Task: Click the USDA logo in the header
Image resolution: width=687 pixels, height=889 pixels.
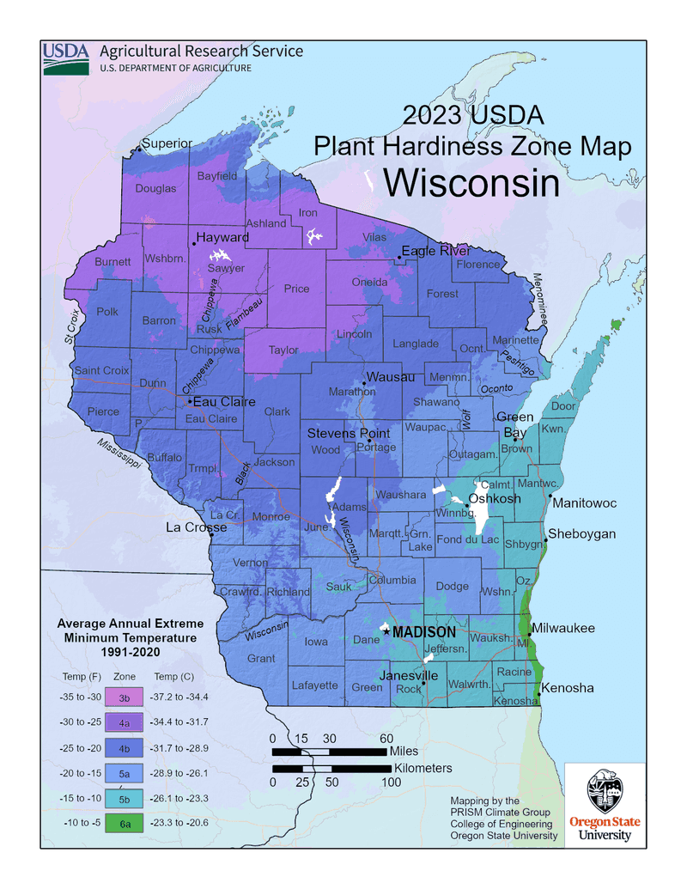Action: pos(66,58)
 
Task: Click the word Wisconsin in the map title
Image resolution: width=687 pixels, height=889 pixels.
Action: pos(470,182)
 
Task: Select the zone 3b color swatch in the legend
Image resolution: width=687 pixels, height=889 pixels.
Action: pos(125,696)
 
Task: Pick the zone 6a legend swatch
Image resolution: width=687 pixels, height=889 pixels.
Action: pos(125,822)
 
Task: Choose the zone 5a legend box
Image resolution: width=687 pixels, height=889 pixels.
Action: pos(125,772)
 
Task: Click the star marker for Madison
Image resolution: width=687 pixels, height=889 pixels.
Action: pos(386,631)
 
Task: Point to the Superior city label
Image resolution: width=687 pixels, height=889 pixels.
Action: pos(167,143)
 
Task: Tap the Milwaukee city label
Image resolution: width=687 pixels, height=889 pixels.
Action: pos(562,629)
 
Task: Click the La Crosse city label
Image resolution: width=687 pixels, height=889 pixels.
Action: pos(197,527)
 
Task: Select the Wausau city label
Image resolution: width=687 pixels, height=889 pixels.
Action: pos(391,377)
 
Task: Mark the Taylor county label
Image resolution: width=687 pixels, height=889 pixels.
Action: pos(283,350)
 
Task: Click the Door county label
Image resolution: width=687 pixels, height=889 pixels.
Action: pos(562,406)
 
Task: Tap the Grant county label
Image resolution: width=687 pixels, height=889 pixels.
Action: pos(261,658)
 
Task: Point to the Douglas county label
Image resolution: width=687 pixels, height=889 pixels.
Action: pos(155,188)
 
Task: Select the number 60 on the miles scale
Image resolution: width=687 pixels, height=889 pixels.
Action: pos(386,738)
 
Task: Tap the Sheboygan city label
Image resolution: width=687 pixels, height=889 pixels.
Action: pos(581,533)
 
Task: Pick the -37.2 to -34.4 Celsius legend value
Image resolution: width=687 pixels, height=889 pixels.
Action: pos(179,696)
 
